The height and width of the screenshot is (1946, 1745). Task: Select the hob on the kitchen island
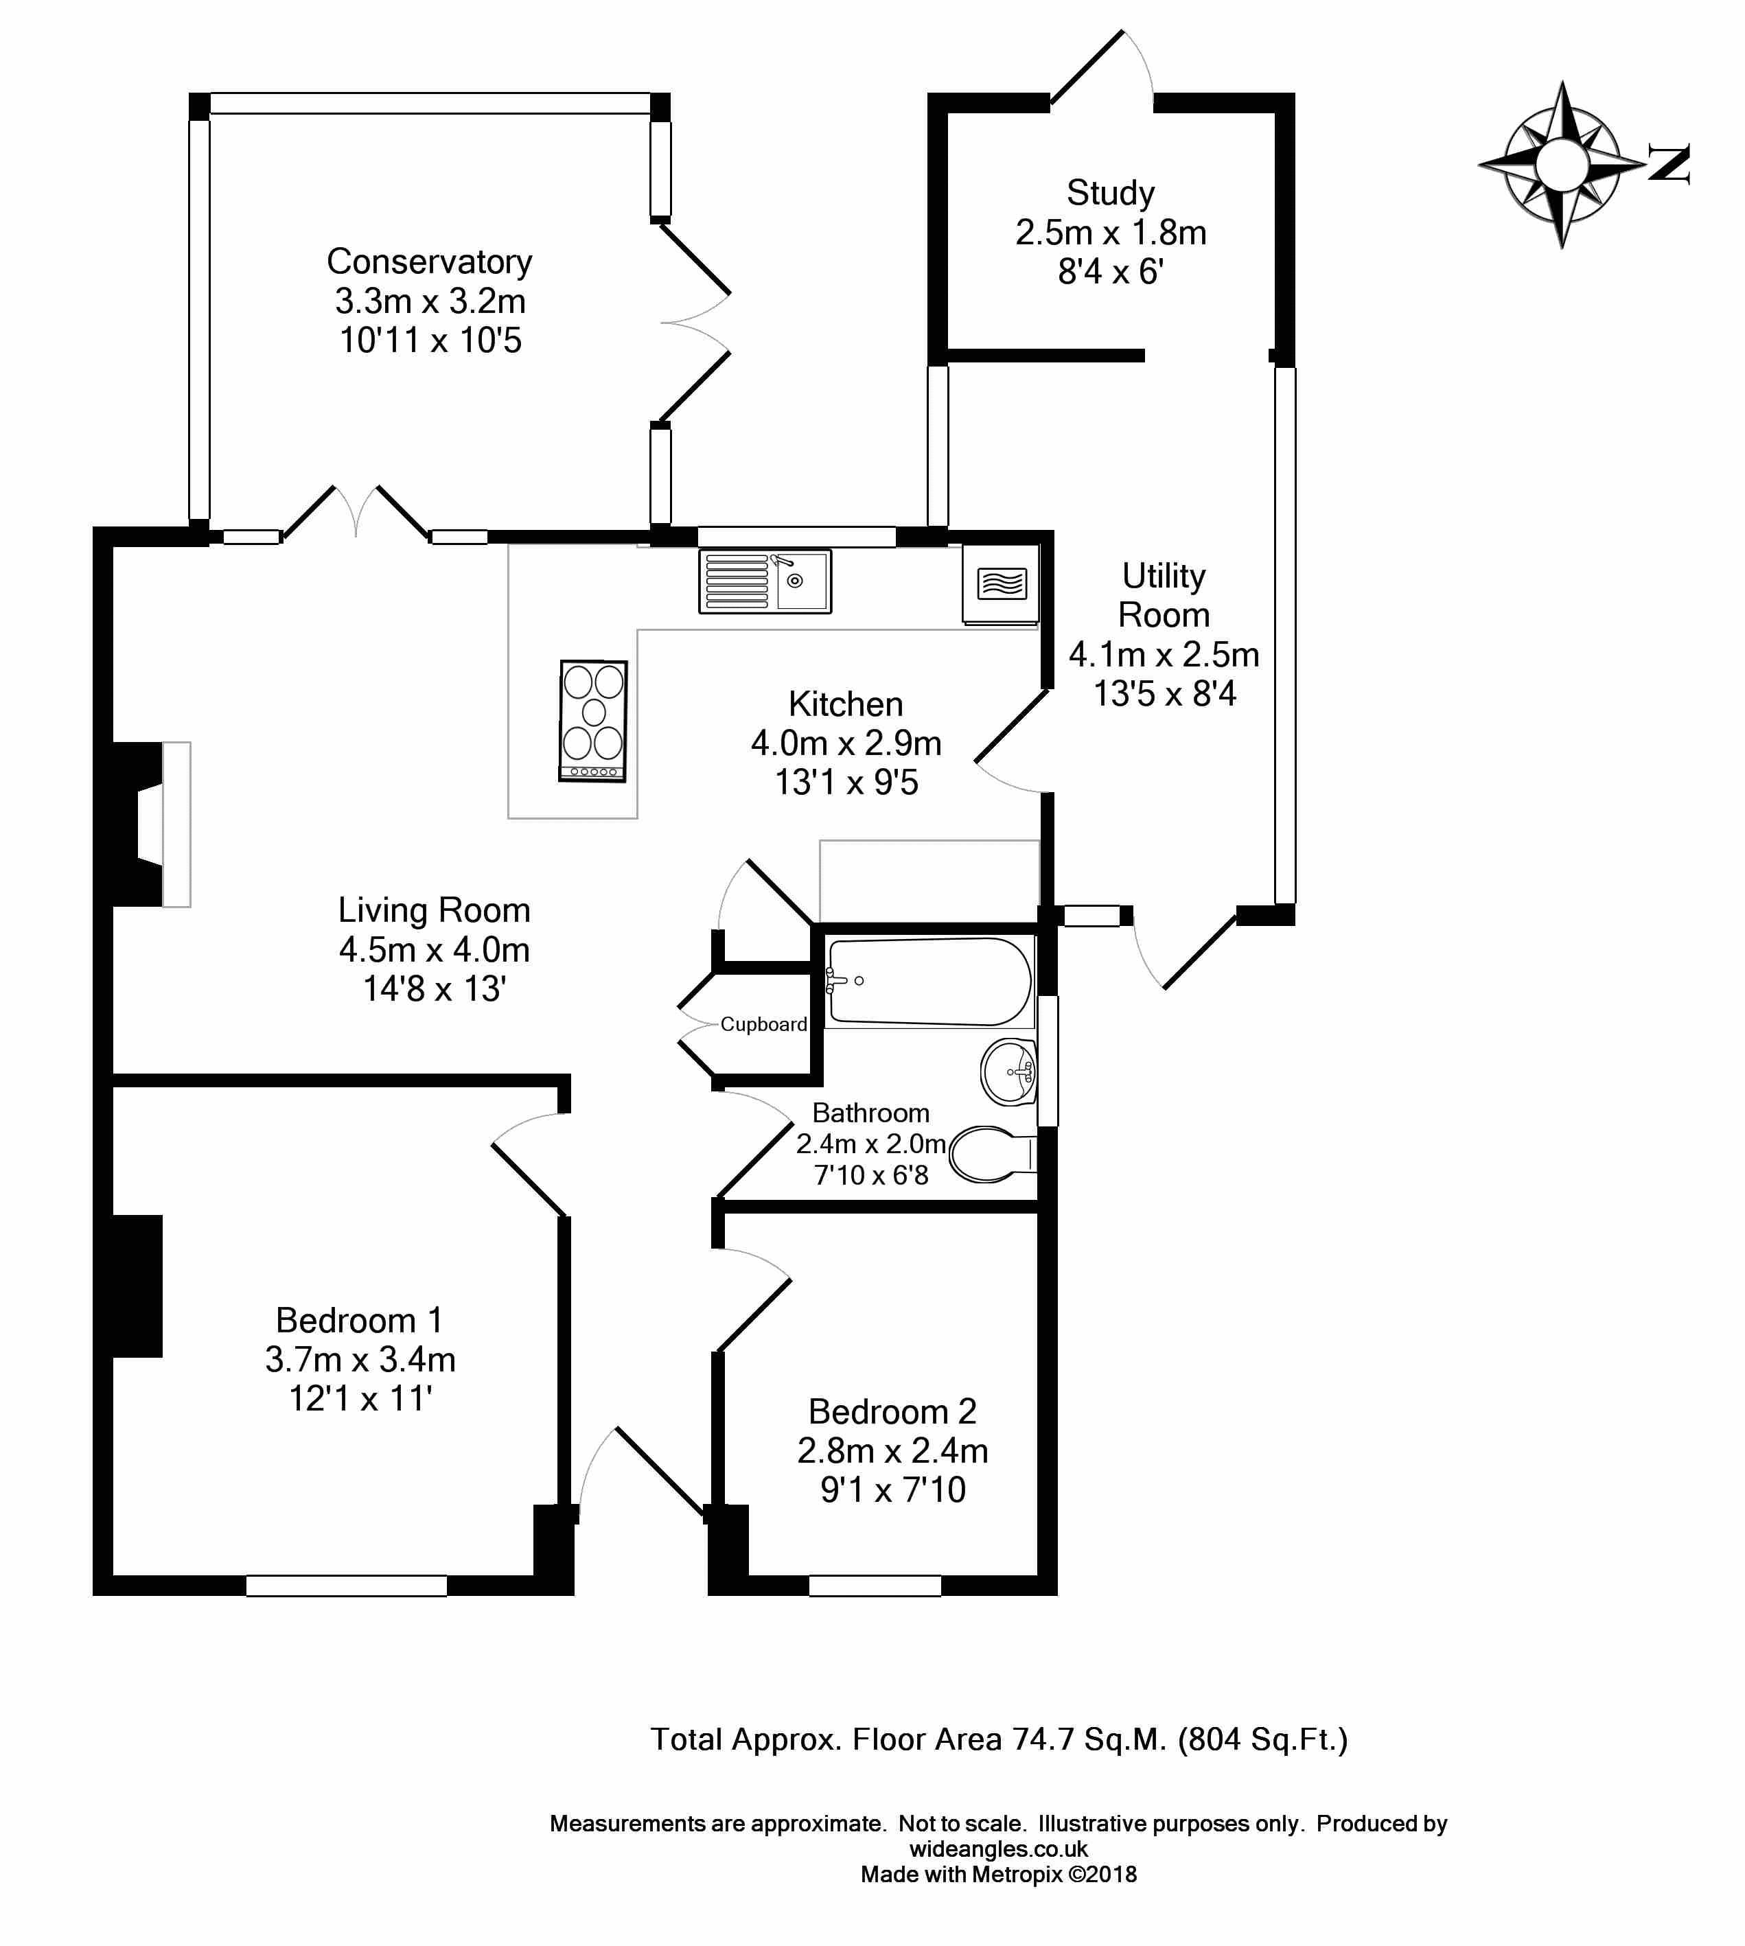click(x=594, y=720)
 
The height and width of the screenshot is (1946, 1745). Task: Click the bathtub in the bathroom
click(x=928, y=982)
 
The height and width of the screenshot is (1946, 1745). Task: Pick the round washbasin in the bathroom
click(x=1008, y=1072)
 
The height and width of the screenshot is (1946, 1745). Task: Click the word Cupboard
click(x=763, y=1024)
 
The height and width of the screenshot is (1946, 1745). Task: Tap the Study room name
click(x=1110, y=193)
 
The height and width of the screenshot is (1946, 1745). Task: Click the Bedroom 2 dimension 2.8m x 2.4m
click(x=892, y=1450)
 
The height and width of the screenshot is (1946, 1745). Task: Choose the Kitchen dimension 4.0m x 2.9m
click(x=846, y=743)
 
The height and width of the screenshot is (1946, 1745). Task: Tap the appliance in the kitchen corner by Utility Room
click(x=1000, y=583)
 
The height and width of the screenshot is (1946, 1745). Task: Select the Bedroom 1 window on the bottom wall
click(x=346, y=1586)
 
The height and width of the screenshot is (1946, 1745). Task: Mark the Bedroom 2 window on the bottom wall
click(x=875, y=1586)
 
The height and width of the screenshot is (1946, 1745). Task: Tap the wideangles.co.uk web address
click(x=998, y=1849)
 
